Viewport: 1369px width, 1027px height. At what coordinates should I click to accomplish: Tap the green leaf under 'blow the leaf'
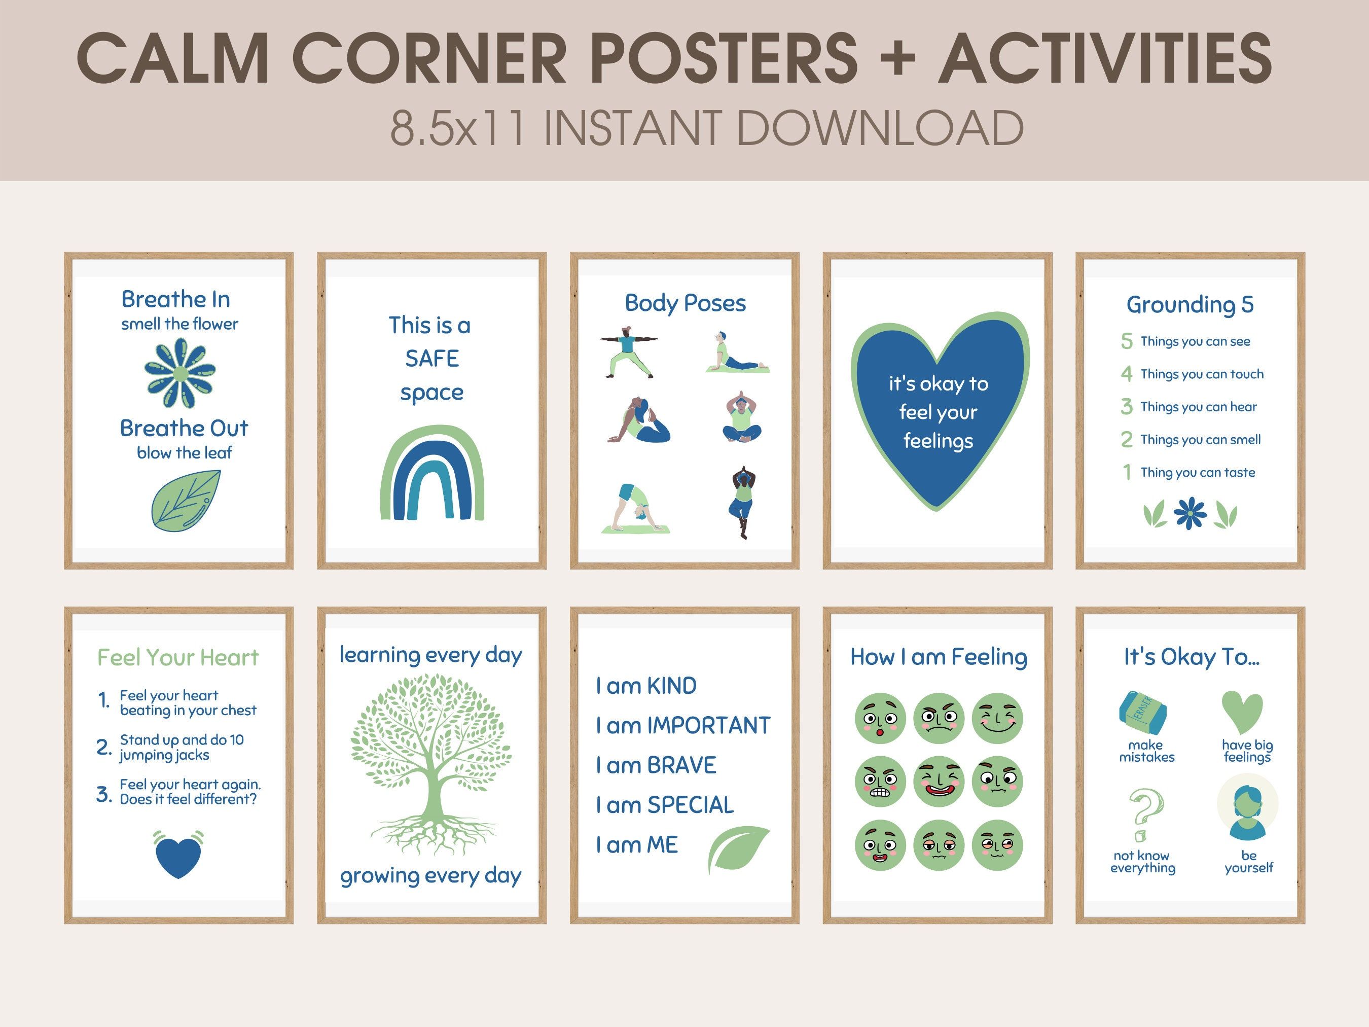pos(186,500)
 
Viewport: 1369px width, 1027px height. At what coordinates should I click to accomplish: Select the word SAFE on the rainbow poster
pos(432,359)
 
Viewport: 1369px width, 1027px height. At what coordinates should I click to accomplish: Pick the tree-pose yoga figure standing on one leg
pos(743,502)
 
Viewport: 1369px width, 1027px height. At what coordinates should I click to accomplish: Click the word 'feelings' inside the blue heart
pos(938,441)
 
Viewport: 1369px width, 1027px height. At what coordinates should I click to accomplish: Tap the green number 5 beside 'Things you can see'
pos(1127,341)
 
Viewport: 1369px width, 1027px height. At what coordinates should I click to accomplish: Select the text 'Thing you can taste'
pos(1198,472)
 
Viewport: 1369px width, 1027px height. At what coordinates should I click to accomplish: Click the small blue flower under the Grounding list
pos(1190,513)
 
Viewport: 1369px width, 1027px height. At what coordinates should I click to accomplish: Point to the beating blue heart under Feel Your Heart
pos(178,854)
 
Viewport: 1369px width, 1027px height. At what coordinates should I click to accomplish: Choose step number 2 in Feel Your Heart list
pos(103,747)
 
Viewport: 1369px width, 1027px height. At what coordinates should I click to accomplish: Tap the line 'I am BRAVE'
pos(656,765)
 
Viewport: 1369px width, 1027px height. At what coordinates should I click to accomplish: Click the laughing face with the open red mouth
pos(939,781)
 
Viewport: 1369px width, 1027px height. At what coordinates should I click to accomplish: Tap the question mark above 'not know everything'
pos(1144,813)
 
